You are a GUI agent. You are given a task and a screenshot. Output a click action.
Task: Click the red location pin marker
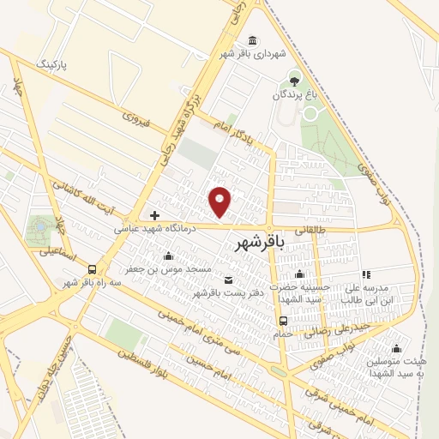(x=220, y=201)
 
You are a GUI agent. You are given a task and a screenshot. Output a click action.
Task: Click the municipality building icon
(x=251, y=40)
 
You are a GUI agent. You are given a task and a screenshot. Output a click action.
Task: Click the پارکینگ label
(x=51, y=64)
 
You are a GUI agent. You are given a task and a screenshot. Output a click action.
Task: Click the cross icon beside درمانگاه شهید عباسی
(x=154, y=214)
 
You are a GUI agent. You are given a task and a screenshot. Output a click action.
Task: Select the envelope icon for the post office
(x=227, y=280)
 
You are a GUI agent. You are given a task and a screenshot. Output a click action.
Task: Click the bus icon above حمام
(x=283, y=322)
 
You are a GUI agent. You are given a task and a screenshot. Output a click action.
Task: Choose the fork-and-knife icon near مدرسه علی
(x=366, y=275)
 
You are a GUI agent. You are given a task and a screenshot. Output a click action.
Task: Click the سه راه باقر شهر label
(x=82, y=282)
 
